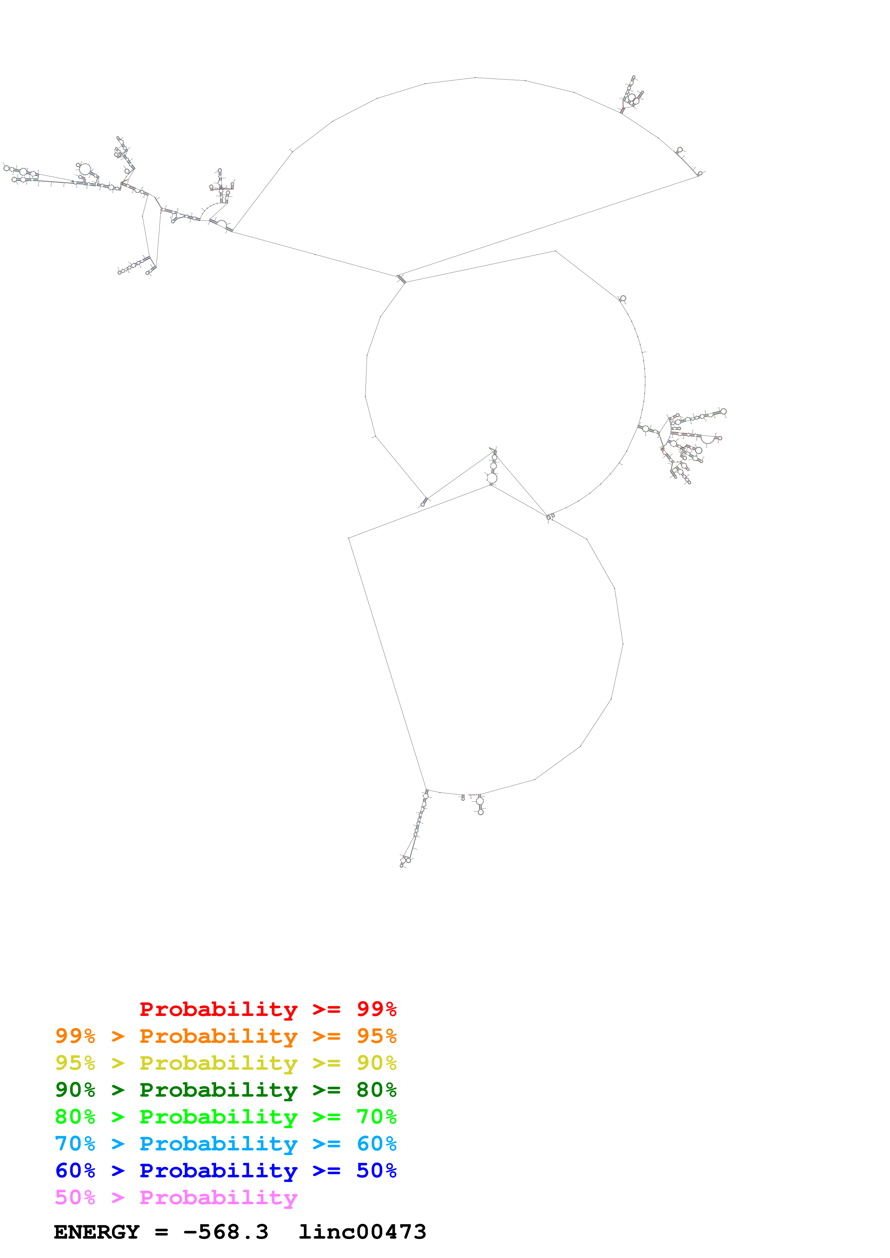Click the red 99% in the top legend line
[x=376, y=1009]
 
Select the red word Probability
[x=218, y=1009]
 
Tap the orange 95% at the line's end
[x=376, y=1036]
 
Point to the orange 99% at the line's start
[x=75, y=1036]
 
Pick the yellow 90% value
[x=376, y=1063]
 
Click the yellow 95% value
[x=75, y=1063]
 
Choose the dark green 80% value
[x=376, y=1090]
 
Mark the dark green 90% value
[x=75, y=1090]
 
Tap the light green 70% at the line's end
[x=376, y=1117]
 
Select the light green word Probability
[x=218, y=1117]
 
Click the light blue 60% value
[x=376, y=1144]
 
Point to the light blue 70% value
[x=75, y=1144]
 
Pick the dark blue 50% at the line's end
[x=376, y=1170]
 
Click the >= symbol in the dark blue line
[x=326, y=1170]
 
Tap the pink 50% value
[x=75, y=1197]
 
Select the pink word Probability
[x=218, y=1197]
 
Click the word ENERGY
[x=97, y=1232]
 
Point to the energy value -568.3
[x=226, y=1232]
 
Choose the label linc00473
[x=362, y=1232]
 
